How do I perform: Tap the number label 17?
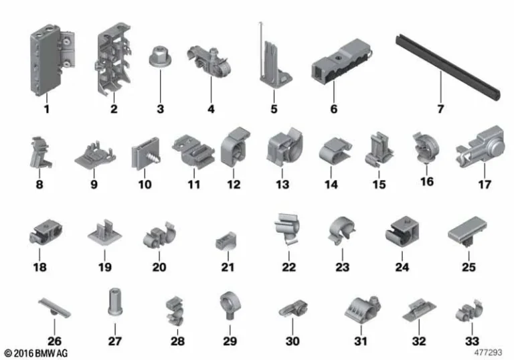pyautogui.click(x=484, y=183)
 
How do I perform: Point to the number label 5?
pyautogui.click(x=273, y=108)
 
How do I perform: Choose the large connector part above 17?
pyautogui.click(x=482, y=143)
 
